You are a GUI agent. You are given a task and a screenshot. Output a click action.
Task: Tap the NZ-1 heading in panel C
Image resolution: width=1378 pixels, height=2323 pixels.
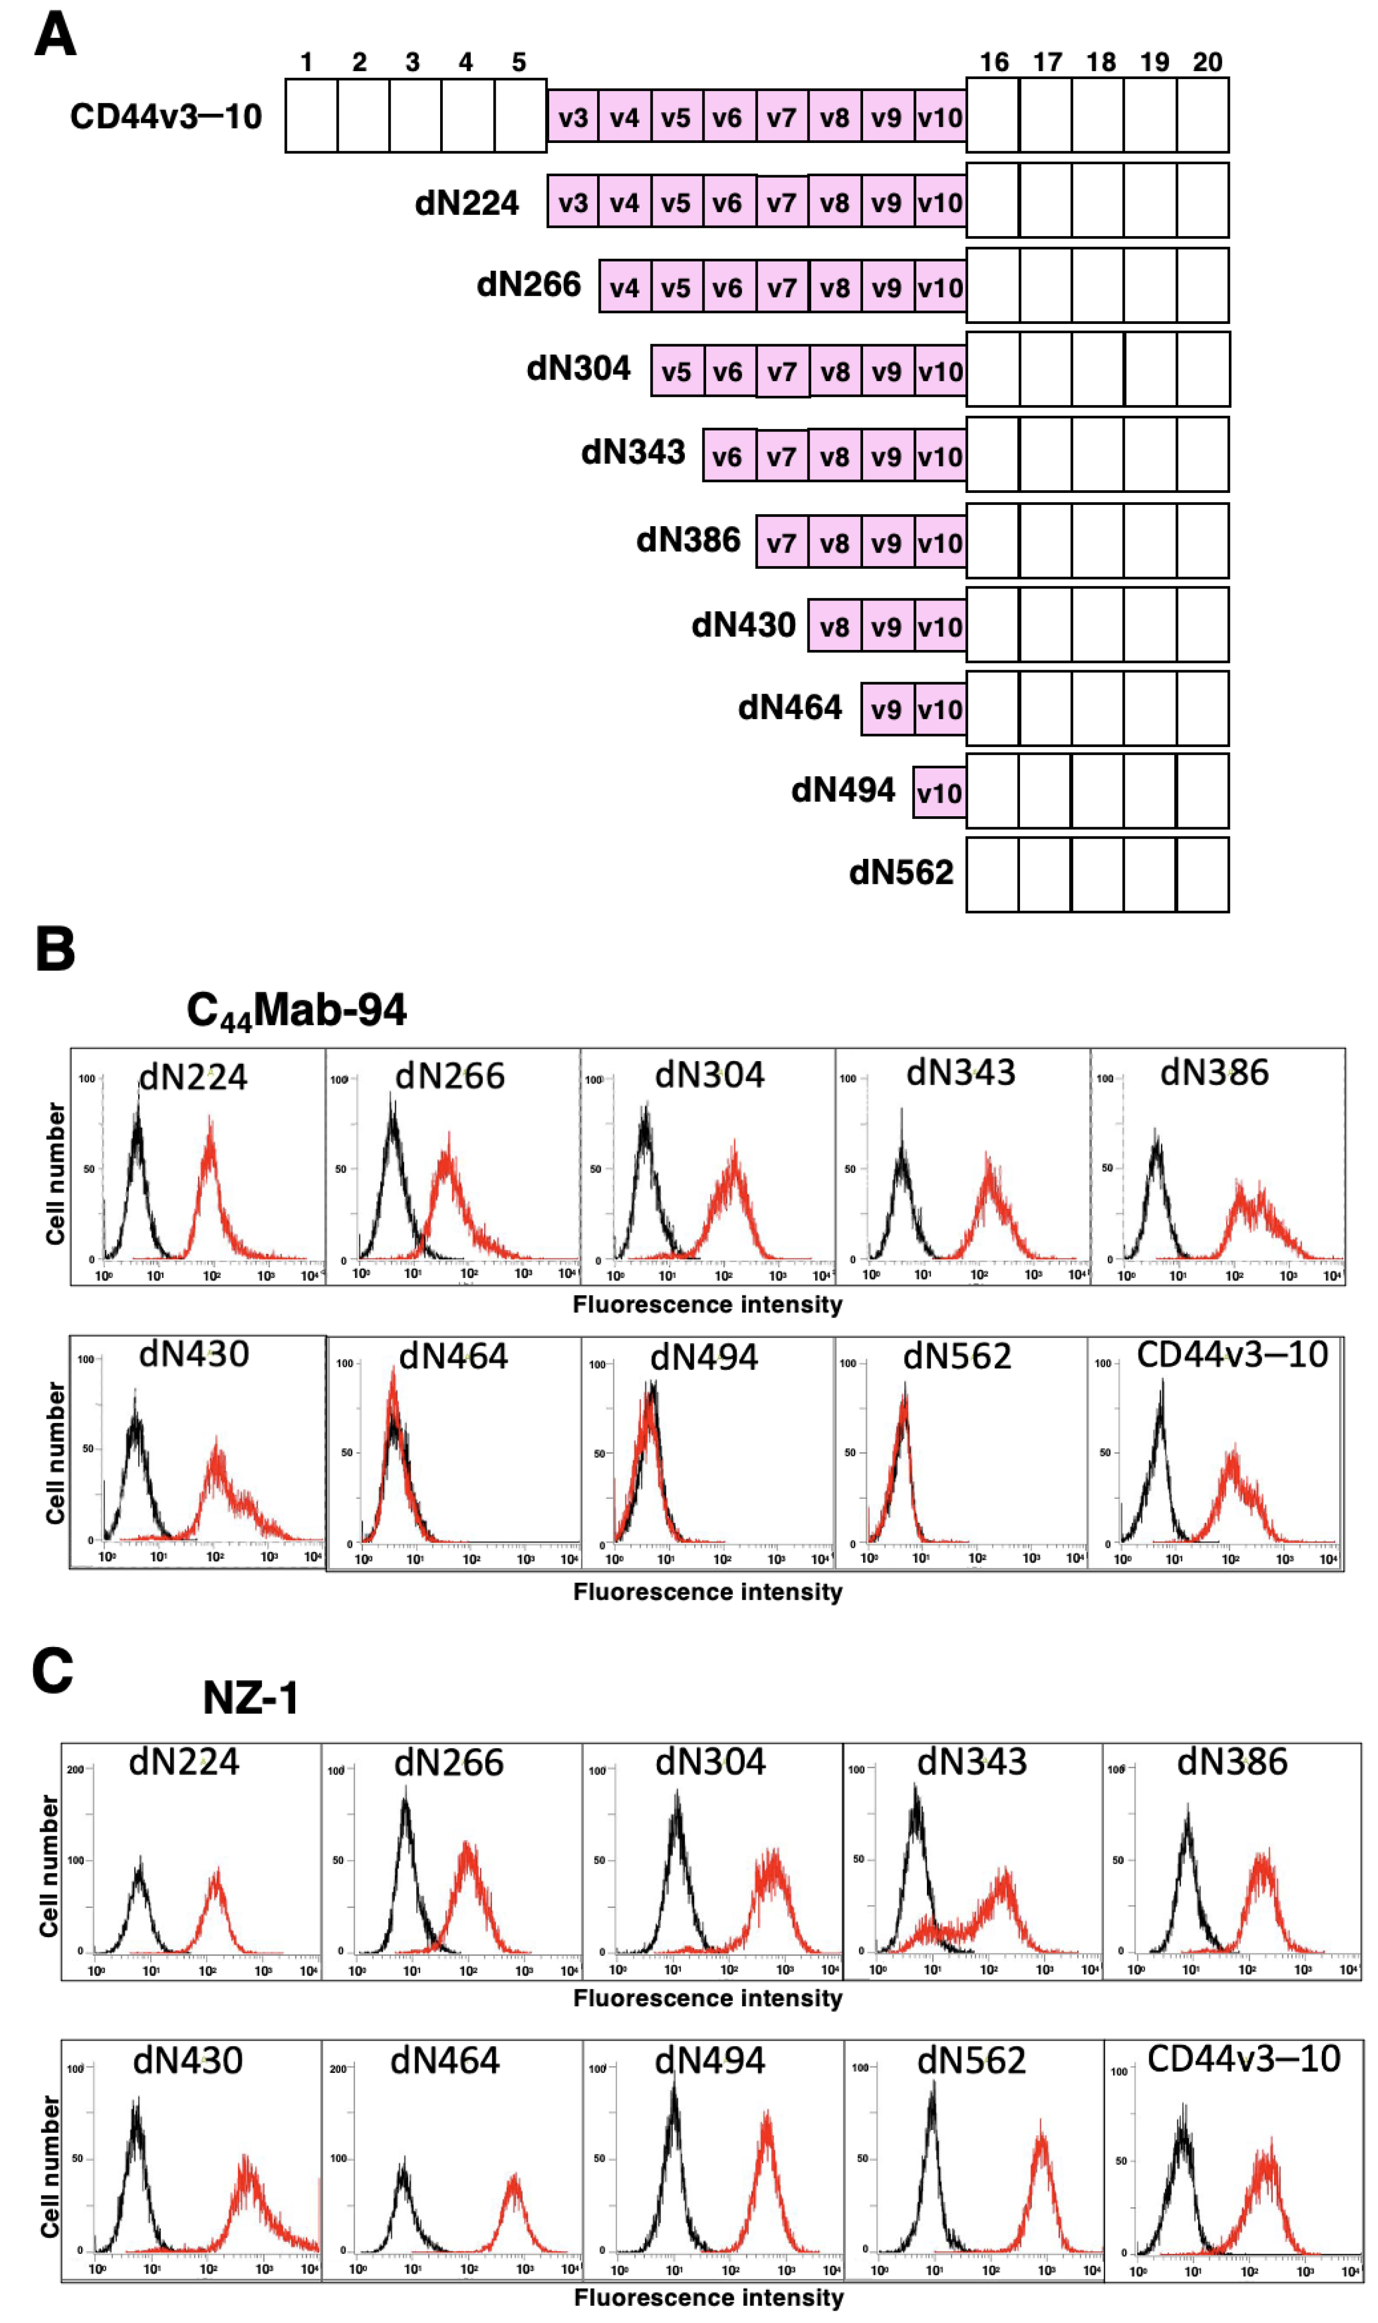(251, 1698)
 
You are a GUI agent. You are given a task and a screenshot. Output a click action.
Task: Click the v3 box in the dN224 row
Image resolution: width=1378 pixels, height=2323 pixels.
(573, 202)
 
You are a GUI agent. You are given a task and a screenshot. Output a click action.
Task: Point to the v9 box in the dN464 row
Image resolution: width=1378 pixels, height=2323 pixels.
(887, 710)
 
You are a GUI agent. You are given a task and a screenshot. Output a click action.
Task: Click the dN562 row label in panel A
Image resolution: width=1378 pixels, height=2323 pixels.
(900, 872)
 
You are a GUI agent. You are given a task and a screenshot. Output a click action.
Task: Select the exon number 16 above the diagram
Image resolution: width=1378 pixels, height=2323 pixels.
(993, 62)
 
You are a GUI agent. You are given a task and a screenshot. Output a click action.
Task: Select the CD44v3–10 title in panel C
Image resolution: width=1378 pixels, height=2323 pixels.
(1243, 2058)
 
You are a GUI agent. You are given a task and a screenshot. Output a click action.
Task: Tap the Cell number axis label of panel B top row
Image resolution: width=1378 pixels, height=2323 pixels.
(56, 1173)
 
